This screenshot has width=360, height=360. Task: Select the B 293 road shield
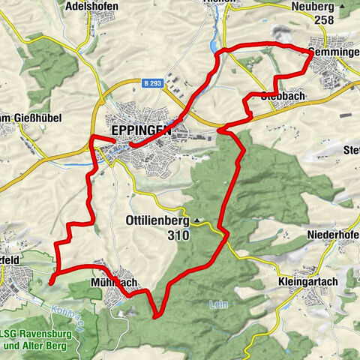pyautogui.click(x=153, y=85)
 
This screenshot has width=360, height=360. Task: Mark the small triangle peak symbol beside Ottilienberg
pyautogui.click(x=197, y=221)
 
